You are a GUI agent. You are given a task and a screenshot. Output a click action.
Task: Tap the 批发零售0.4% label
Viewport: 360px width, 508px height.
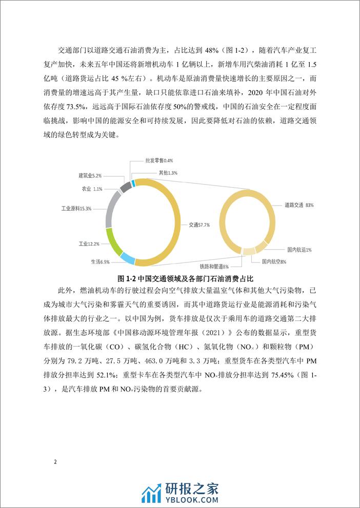tap(159, 160)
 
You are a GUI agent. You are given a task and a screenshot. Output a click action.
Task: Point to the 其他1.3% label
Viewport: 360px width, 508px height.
tap(166, 173)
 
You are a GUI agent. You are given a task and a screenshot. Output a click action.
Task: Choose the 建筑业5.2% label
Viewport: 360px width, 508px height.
tap(93, 175)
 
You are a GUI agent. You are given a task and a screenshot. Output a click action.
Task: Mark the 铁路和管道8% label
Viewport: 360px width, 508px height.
tap(214, 267)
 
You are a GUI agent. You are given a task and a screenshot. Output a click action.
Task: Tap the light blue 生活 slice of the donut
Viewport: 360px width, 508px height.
tap(127, 260)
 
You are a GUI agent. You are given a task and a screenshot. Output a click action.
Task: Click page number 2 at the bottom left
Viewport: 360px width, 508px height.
tap(55, 462)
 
